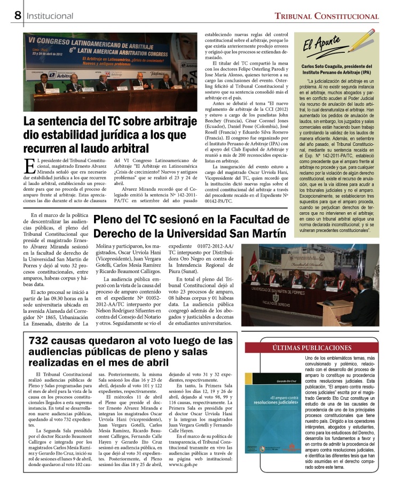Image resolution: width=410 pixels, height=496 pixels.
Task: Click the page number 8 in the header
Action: (18, 15)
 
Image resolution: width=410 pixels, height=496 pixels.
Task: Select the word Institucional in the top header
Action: (50, 17)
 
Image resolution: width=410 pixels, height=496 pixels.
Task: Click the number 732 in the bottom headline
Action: (43, 340)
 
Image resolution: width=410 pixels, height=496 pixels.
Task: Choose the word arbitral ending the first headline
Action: (127, 149)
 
